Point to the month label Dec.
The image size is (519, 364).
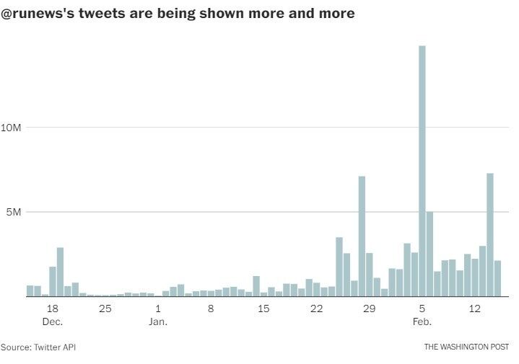(x=52, y=321)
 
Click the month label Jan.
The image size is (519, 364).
(x=158, y=321)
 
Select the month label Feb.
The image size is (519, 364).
(x=422, y=321)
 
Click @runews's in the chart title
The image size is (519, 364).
(x=35, y=14)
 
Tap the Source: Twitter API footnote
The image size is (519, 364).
(x=38, y=347)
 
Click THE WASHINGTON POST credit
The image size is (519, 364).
(x=466, y=347)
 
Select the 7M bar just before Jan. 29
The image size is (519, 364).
(x=362, y=236)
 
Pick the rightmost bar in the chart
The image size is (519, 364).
(x=497, y=278)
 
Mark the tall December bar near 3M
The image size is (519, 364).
(x=60, y=272)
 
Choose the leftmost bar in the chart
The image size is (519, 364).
(x=30, y=290)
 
